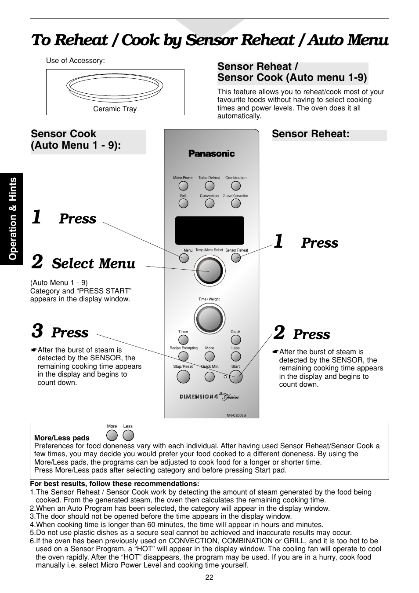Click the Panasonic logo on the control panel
[211, 154]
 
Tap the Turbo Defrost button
[209, 185]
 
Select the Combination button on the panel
[236, 185]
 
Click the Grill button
[183, 203]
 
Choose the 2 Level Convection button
[236, 203]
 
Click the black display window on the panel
[209, 230]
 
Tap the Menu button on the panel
[184, 258]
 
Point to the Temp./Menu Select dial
[209, 270]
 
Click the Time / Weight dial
[209, 318]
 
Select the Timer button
[183, 340]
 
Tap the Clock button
[236, 340]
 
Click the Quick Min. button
[210, 376]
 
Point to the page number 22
[209, 578]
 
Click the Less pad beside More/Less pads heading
[128, 435]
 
